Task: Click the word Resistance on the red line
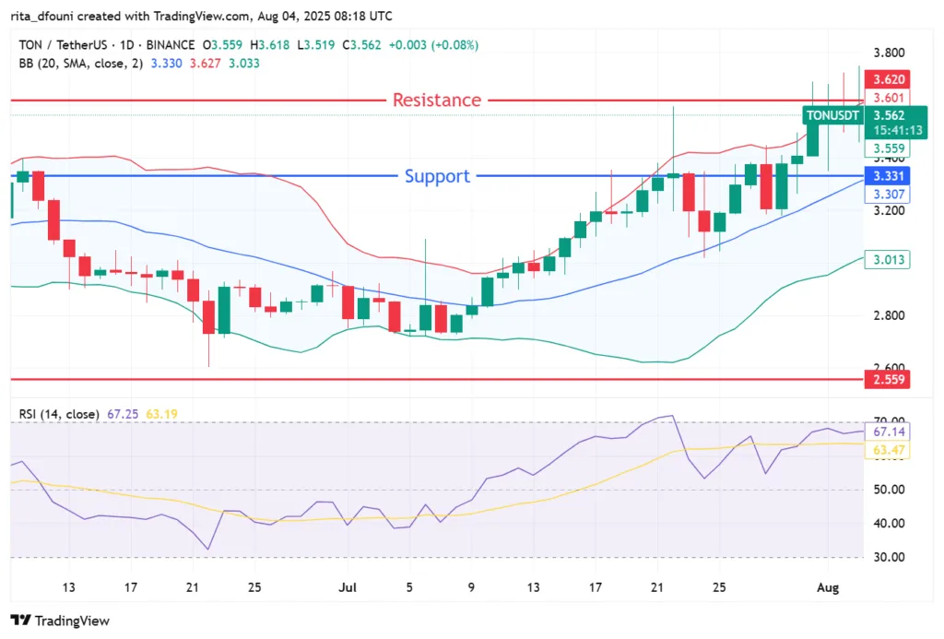point(437,100)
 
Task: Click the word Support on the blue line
point(437,176)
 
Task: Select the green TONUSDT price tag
point(833,115)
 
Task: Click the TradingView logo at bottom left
point(60,621)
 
